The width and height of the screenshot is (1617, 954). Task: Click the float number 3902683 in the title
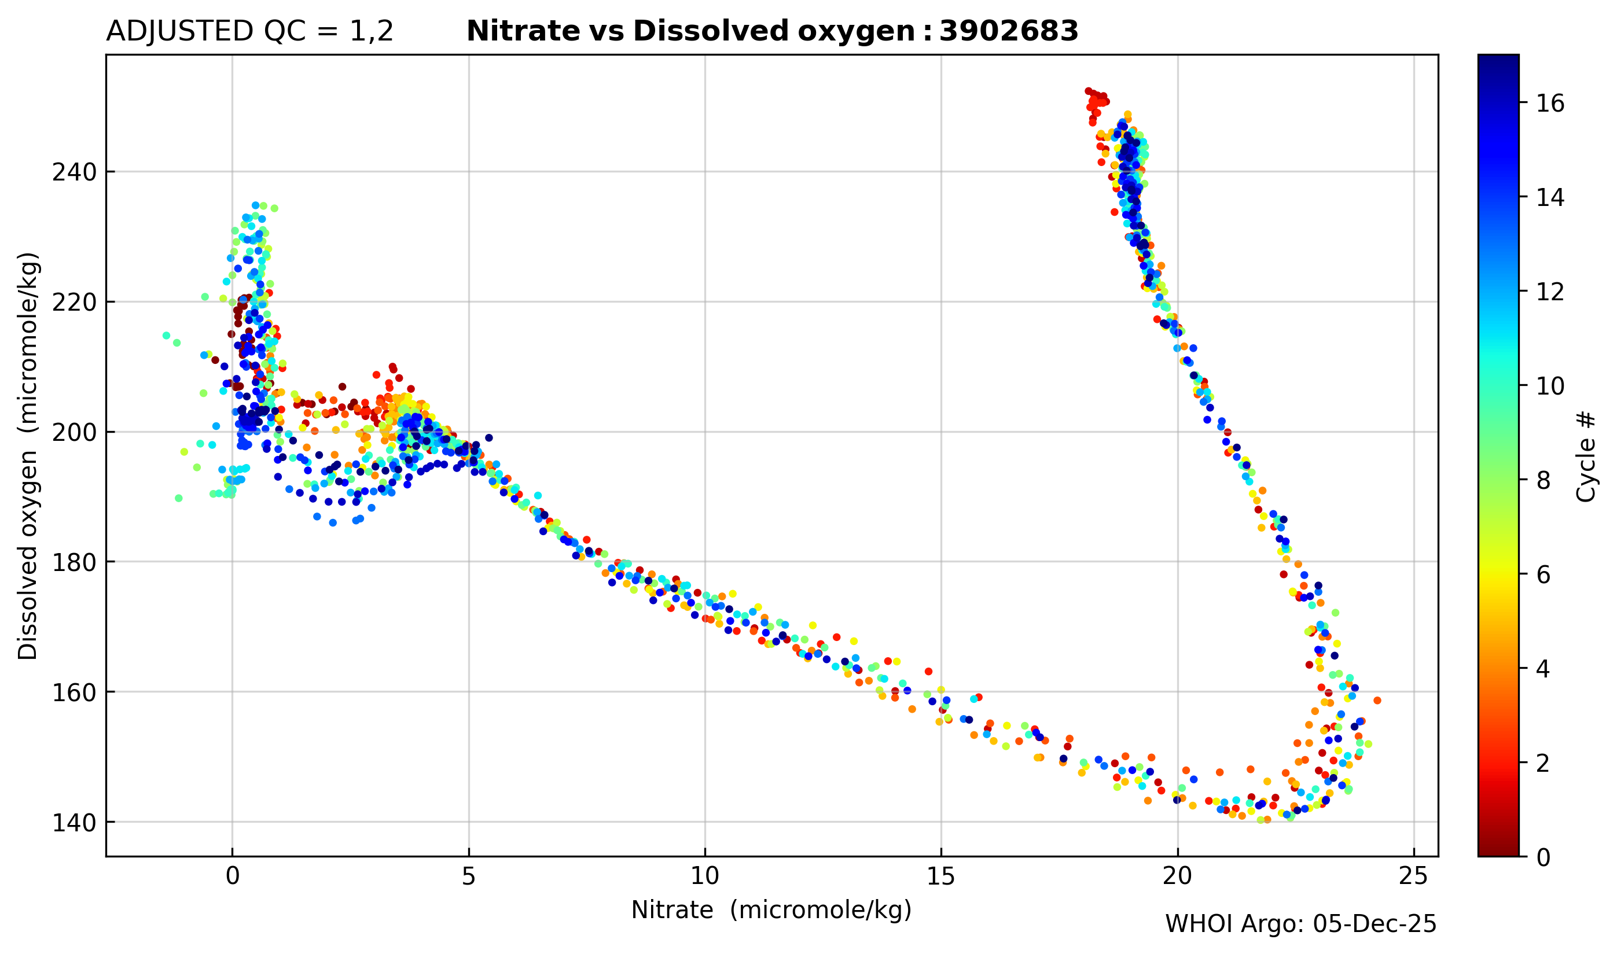pos(1008,31)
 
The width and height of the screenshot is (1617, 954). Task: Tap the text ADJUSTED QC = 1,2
pos(249,31)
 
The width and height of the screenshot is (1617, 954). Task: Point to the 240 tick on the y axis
pos(74,172)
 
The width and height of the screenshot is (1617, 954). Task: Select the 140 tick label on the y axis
pos(74,823)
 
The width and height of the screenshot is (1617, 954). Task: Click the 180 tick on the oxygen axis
pos(74,562)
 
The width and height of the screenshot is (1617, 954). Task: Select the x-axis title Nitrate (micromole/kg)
pos(771,909)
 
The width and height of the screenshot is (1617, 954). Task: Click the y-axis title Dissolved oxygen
pos(28,456)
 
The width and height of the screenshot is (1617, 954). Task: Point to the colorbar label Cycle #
pos(1587,456)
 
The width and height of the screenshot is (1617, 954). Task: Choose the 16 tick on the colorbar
pos(1550,103)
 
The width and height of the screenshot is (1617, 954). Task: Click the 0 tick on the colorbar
pos(1543,857)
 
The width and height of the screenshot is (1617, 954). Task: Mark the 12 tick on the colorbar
pos(1550,292)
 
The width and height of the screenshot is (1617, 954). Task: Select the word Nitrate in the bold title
pos(522,31)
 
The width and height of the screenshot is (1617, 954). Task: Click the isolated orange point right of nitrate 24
pos(1377,700)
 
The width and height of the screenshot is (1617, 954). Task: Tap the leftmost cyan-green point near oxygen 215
pos(167,336)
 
